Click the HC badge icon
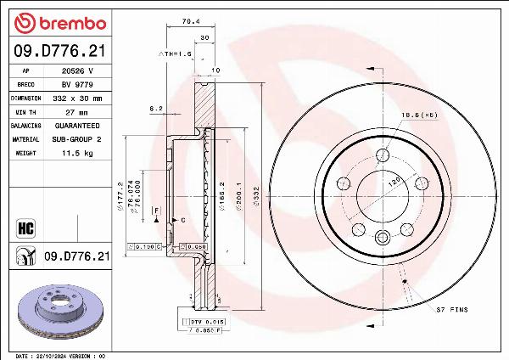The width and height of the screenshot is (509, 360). click(x=25, y=227)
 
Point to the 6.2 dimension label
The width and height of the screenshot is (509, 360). click(x=155, y=109)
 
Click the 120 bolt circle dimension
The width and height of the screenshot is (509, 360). click(x=394, y=182)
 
